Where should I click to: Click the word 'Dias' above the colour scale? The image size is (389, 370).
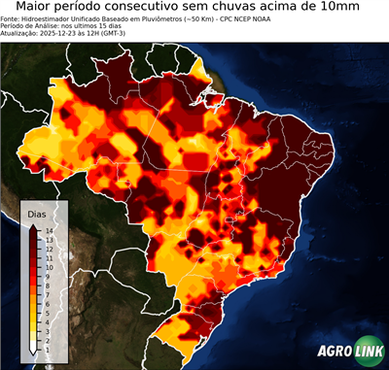click(37, 212)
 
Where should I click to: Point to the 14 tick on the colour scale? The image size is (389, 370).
click(48, 230)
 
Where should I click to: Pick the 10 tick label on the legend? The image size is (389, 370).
click(48, 262)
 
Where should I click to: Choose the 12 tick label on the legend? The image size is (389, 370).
click(48, 246)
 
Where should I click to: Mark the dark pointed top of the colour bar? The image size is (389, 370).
click(34, 226)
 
